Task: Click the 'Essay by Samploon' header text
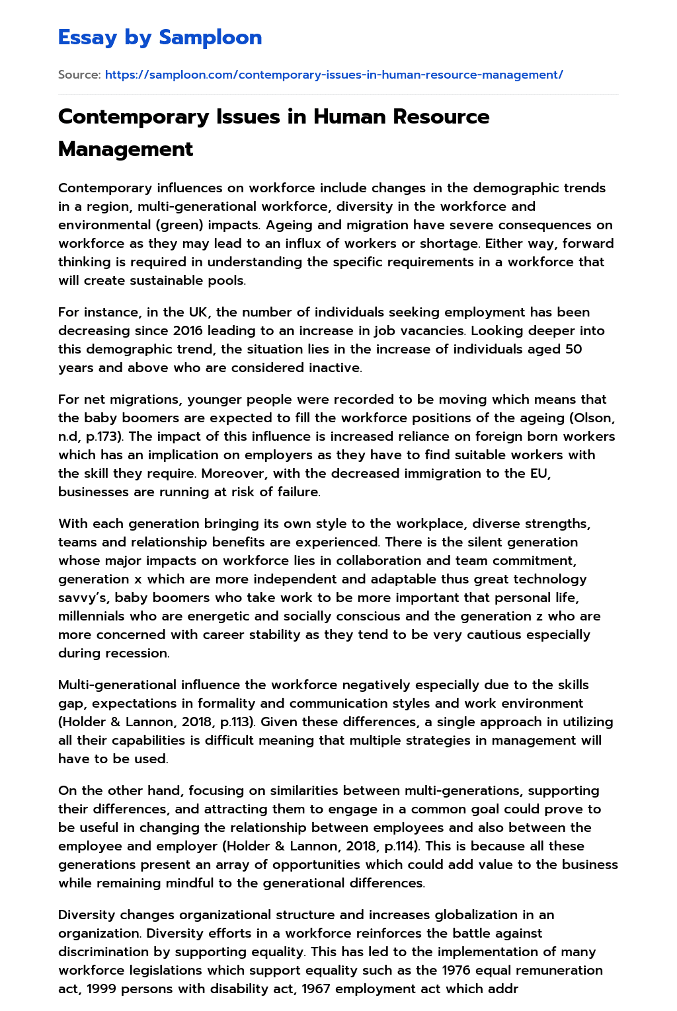160,38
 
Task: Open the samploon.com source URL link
334,75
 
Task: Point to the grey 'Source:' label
79,75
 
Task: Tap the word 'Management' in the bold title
126,149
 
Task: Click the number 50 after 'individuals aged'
573,349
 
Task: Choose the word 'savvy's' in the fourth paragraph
83,597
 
